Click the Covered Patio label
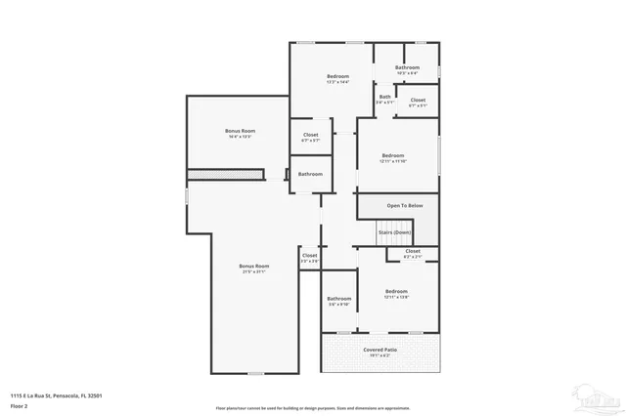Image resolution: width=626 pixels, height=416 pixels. (x=380, y=349)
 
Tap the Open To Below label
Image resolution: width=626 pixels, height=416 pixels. (x=404, y=206)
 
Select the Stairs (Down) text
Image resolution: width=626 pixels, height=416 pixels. (x=395, y=232)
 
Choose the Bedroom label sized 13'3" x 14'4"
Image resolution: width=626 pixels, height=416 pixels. (x=337, y=77)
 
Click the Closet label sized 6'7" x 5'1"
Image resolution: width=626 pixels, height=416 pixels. (x=418, y=101)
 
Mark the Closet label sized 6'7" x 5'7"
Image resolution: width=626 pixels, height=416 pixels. (x=310, y=136)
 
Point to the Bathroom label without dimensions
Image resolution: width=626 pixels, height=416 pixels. (x=310, y=174)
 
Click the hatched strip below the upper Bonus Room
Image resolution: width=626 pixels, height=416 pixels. (x=226, y=174)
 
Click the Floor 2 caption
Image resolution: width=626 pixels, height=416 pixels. (x=20, y=404)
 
